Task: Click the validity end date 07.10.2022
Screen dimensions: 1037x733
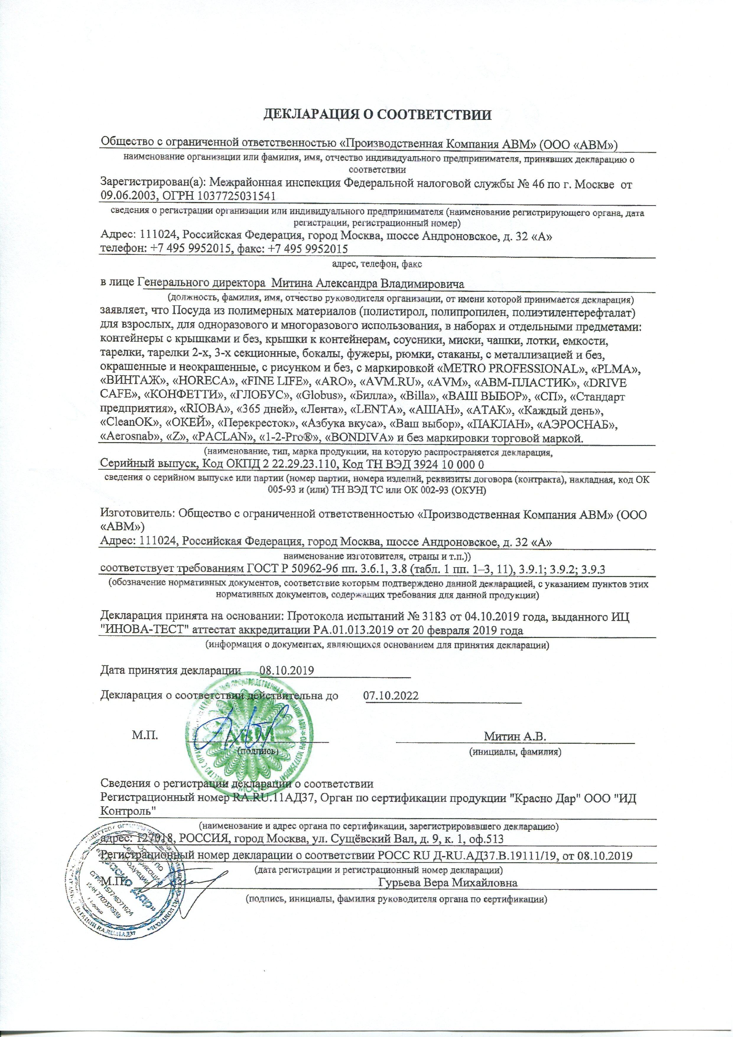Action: (x=391, y=696)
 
